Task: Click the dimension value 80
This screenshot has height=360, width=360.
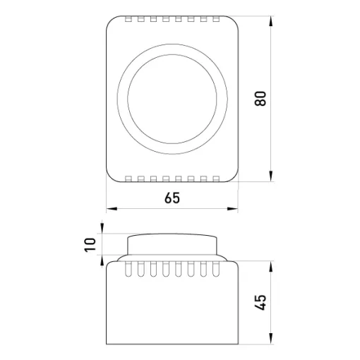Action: point(260,98)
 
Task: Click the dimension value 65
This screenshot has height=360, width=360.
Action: point(172,198)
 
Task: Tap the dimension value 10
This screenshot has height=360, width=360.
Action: point(90,245)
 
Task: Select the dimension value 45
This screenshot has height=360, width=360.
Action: point(260,302)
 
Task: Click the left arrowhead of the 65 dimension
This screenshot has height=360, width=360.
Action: point(112,208)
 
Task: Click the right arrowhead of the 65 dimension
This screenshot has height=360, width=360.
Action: point(232,208)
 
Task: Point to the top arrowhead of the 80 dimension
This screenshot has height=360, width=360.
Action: point(271,22)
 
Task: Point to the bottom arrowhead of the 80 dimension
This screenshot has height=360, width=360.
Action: point(271,176)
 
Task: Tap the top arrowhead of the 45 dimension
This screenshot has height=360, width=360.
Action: point(271,267)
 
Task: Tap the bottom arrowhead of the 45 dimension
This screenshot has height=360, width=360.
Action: point(271,339)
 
